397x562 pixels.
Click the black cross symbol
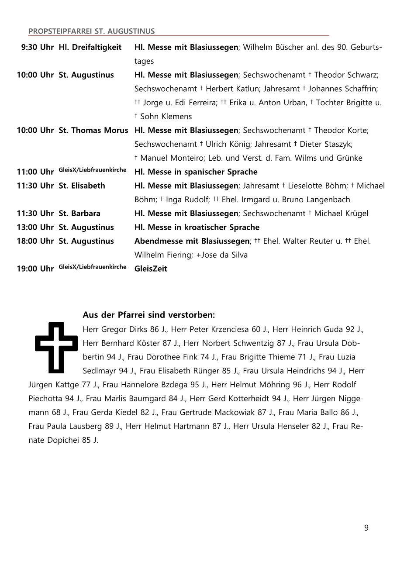coord(56,347)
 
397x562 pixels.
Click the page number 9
coord(366,528)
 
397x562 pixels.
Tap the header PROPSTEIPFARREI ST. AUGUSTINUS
coord(91,31)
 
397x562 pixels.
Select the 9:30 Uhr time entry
coord(37,47)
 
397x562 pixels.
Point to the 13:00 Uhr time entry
coord(35,228)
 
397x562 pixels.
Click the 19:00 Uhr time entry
coord(35,269)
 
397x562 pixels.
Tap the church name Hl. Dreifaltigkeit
coord(90,47)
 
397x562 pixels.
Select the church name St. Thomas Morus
coord(93,131)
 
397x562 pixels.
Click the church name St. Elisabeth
coord(82,186)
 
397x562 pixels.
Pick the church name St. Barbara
coord(79,214)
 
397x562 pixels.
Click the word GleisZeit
coord(151,269)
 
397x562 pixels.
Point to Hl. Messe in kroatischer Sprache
coord(197,228)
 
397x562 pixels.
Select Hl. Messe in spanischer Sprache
coord(196,172)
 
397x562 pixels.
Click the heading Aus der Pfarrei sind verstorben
coord(148,315)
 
